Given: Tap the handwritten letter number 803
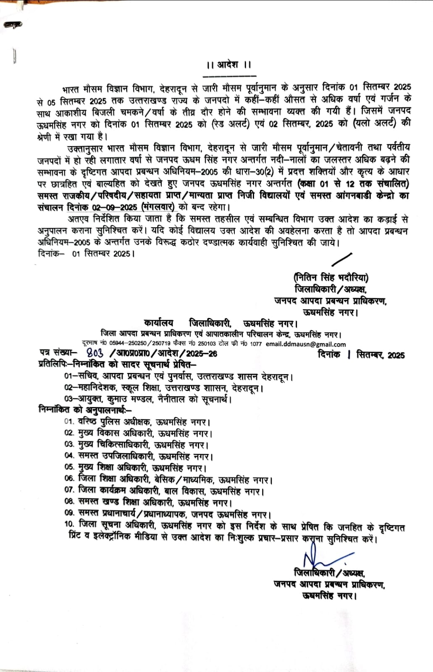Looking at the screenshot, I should coord(94,353).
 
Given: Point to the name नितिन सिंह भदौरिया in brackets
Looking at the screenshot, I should coord(331,277).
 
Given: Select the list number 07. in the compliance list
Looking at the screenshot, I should coord(69,490).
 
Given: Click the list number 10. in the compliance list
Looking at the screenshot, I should coord(69,524).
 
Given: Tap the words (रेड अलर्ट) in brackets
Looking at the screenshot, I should coord(228,124).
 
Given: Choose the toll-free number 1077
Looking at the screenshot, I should coord(255,344).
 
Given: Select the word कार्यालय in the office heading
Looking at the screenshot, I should coord(158,323).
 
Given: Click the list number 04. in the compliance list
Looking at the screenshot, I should coord(69,456).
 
